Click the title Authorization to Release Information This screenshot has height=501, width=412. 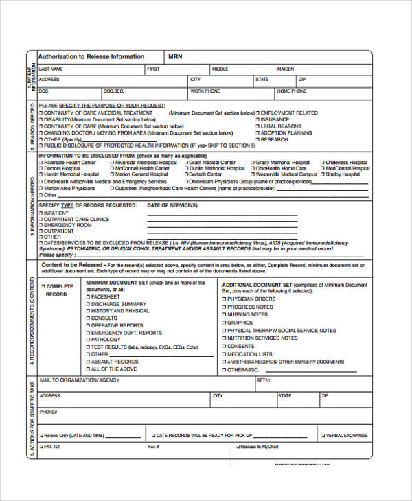[x=91, y=56]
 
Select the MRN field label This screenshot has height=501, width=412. [x=175, y=56]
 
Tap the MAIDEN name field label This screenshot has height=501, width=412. [x=286, y=69]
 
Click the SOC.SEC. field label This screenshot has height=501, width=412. [x=113, y=91]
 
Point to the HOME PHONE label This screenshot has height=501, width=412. [x=292, y=91]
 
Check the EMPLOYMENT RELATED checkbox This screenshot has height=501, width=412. [x=258, y=113]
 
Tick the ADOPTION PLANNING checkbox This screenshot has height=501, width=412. [x=258, y=133]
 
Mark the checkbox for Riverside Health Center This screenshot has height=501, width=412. [x=41, y=163]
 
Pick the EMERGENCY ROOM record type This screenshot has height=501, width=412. [x=67, y=225]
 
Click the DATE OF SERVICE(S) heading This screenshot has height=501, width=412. [x=173, y=205]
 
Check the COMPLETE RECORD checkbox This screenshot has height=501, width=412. [x=42, y=286]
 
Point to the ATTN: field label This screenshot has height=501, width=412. [x=263, y=380]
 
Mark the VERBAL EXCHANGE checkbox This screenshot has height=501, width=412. [x=322, y=435]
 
